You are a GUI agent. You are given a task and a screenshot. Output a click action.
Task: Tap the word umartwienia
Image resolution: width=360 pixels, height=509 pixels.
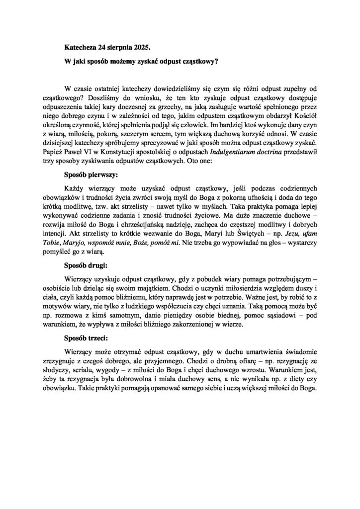tap(246, 349)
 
